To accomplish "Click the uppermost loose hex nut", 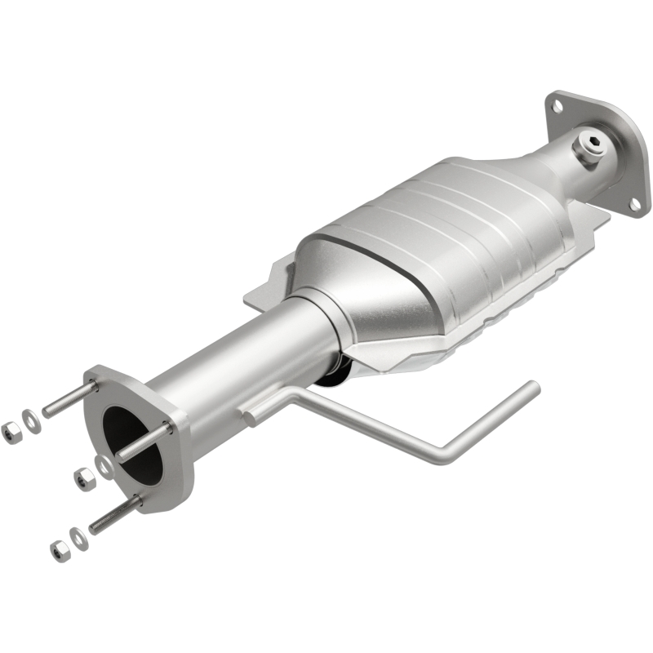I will pyautogui.click(x=11, y=432).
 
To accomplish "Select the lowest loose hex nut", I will pyautogui.click(x=59, y=550).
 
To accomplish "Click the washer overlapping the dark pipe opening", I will pyautogui.click(x=104, y=465).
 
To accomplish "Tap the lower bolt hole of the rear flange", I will pyautogui.click(x=634, y=203).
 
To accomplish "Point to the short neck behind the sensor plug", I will pyautogui.click(x=563, y=171).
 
